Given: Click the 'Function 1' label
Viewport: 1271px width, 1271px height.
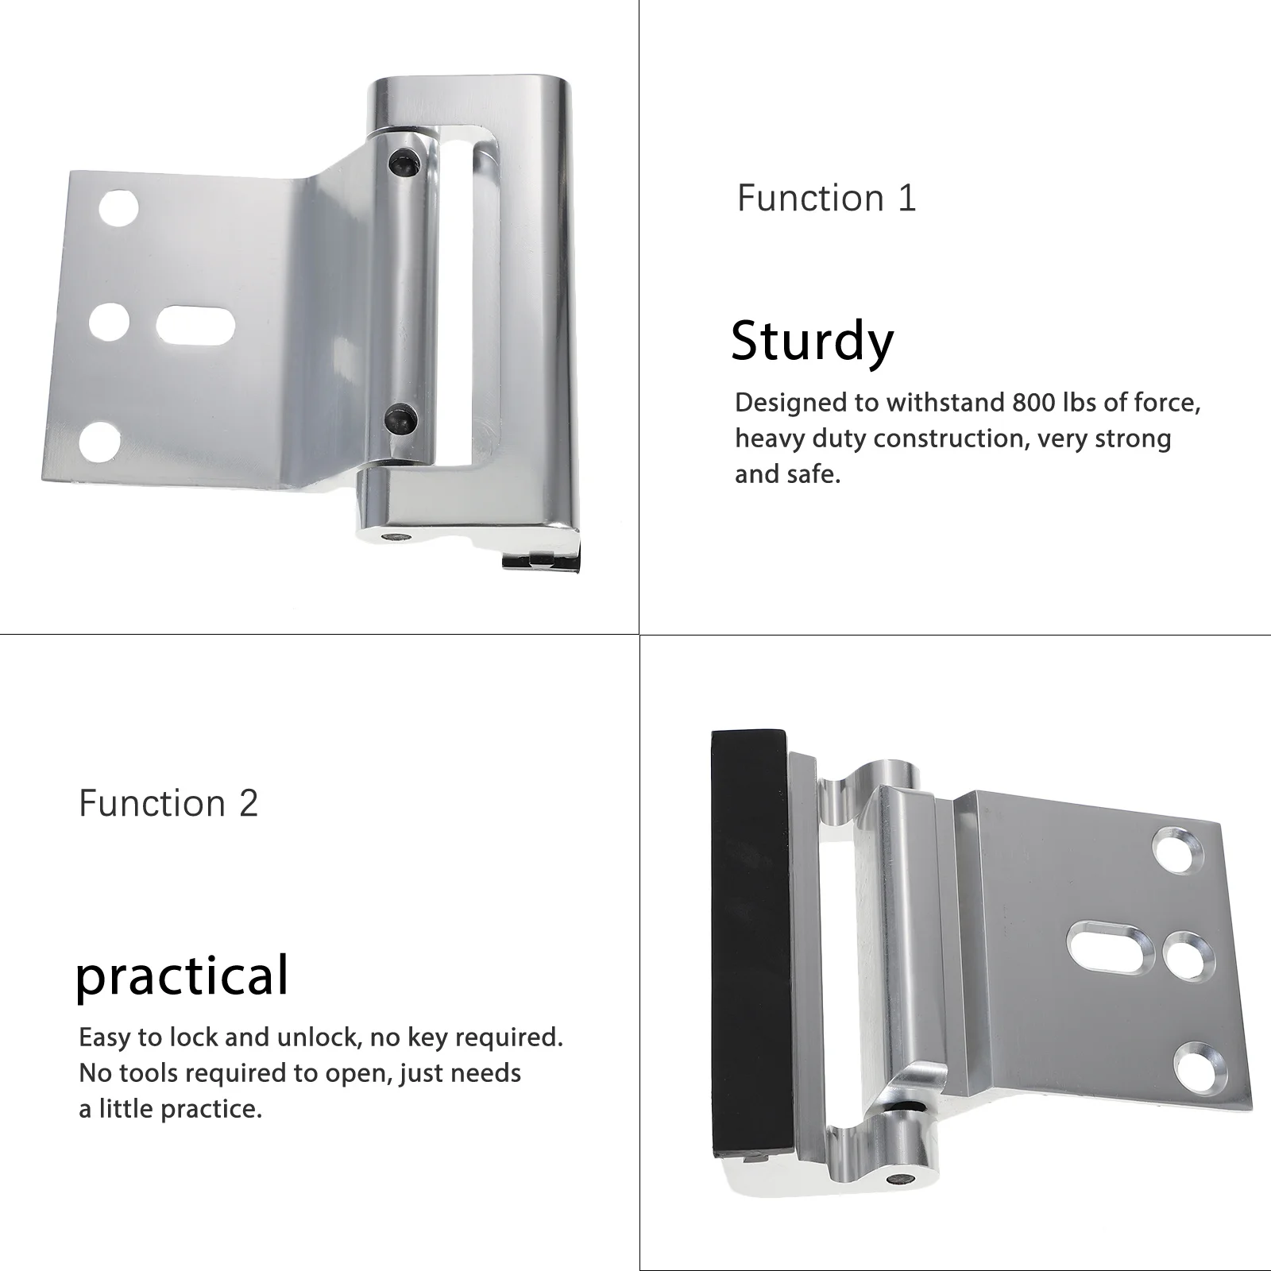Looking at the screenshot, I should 826,198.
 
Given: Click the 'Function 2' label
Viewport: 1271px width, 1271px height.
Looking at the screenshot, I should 168,803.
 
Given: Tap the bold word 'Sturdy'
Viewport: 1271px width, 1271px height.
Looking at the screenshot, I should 812,342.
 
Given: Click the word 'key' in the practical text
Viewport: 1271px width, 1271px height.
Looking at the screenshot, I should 428,1037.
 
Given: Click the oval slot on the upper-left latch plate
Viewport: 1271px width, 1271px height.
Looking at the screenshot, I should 195,325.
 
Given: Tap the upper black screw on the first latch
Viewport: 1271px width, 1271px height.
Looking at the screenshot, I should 402,163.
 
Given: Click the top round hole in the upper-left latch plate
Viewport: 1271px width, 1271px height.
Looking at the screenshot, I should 118,208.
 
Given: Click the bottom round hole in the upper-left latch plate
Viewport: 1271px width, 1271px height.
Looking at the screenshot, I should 100,442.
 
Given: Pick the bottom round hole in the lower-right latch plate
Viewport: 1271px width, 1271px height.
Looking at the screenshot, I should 1199,1067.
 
